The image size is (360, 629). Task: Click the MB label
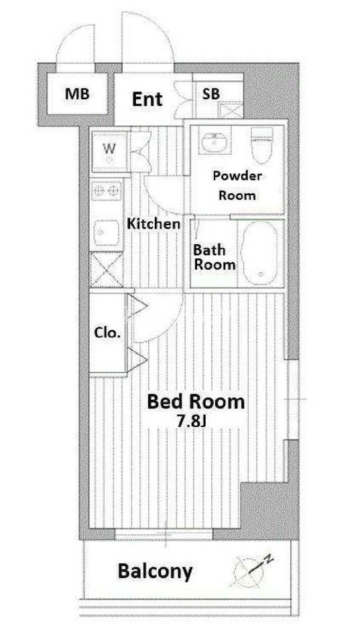(x=77, y=95)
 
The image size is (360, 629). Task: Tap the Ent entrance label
(x=147, y=99)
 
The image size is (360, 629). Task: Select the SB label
(x=211, y=94)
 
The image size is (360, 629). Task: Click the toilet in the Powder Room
(x=261, y=144)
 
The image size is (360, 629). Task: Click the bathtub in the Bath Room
(x=261, y=253)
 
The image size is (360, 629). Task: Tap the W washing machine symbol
(x=109, y=152)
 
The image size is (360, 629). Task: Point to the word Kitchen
(x=154, y=224)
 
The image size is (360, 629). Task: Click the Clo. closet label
(x=107, y=333)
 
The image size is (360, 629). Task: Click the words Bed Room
(x=196, y=401)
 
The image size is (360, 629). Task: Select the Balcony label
(x=155, y=571)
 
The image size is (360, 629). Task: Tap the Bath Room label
(x=214, y=257)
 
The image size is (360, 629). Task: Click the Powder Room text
(x=237, y=185)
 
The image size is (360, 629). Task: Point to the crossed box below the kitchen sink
(x=106, y=270)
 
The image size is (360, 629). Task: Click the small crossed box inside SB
(x=230, y=111)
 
